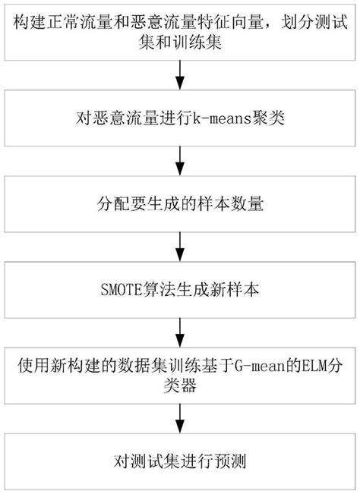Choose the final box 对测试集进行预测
180,460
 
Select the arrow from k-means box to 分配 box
180,162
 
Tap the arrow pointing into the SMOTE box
180,248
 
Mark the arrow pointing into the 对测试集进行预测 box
180,417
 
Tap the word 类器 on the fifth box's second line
180,384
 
